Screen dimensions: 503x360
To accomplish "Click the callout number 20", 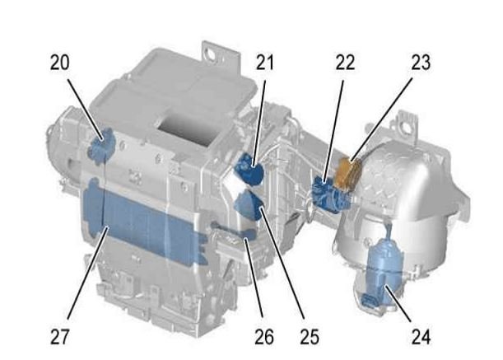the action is click(x=59, y=63).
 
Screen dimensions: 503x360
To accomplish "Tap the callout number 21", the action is click(x=265, y=63).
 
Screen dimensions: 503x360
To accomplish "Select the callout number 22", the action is click(x=345, y=63).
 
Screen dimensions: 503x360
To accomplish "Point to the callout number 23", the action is click(x=421, y=63).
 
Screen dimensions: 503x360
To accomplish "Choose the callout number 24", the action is click(x=421, y=337).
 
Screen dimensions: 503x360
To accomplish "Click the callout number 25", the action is click(x=310, y=337).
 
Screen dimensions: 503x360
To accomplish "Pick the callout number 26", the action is click(x=264, y=337).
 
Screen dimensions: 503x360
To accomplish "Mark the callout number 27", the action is click(x=59, y=337).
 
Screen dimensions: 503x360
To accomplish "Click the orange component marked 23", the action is click(x=347, y=172).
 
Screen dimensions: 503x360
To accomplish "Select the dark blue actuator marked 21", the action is click(x=249, y=168).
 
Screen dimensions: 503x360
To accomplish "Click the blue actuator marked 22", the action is click(x=331, y=194).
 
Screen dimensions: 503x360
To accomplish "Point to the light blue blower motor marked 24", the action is click(x=383, y=269).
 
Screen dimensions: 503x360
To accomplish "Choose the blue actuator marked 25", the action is click(x=251, y=205).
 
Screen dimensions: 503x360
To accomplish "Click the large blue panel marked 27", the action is click(x=144, y=222).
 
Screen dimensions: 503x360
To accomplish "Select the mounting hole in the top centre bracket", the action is click(x=211, y=53).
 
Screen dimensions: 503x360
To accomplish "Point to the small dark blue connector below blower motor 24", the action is click(x=368, y=300).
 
